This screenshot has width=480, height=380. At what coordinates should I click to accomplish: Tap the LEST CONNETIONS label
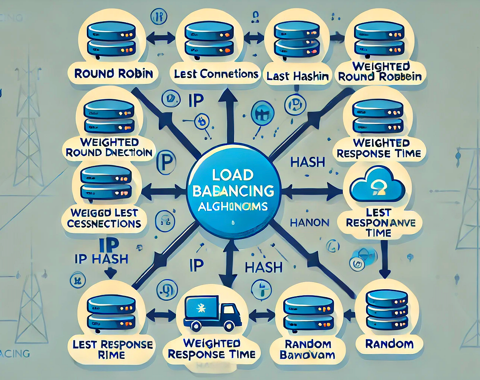click(x=216, y=74)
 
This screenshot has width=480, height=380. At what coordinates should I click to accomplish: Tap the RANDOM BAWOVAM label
click(x=305, y=349)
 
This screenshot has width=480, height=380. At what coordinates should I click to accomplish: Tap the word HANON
click(x=309, y=223)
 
